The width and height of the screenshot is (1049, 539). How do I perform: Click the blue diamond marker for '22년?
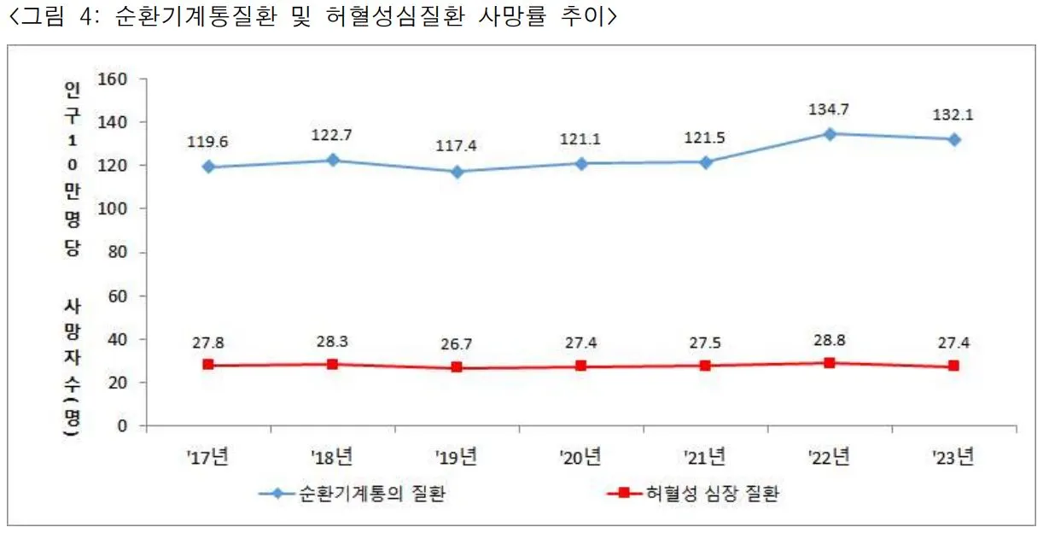829,134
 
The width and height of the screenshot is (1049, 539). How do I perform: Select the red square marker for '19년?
457,367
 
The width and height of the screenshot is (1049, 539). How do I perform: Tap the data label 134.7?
829,109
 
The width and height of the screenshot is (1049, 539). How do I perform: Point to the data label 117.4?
457,146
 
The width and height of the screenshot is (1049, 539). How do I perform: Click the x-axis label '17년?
208,457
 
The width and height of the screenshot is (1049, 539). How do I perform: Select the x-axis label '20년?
580,457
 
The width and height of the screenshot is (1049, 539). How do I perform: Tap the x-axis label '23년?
953,457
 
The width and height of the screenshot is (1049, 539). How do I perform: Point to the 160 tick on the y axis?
113,79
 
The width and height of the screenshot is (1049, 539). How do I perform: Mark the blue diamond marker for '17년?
208,167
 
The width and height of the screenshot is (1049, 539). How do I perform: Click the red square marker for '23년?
953,366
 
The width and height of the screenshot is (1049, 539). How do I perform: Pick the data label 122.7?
333,135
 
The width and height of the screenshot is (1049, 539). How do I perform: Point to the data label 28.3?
333,342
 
